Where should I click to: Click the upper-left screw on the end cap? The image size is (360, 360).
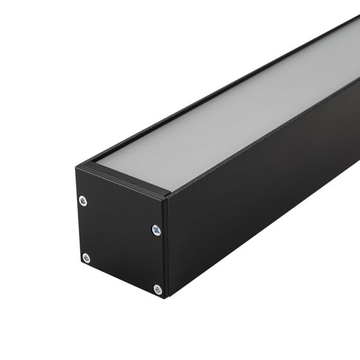point(83,201)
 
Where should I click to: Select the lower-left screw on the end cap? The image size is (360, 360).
point(86,258)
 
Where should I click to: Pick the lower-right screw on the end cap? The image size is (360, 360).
point(157,289)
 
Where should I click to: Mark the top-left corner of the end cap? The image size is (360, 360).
point(76,167)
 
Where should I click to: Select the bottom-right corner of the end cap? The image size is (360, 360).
point(164,297)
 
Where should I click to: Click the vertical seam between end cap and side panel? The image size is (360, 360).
point(166,246)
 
